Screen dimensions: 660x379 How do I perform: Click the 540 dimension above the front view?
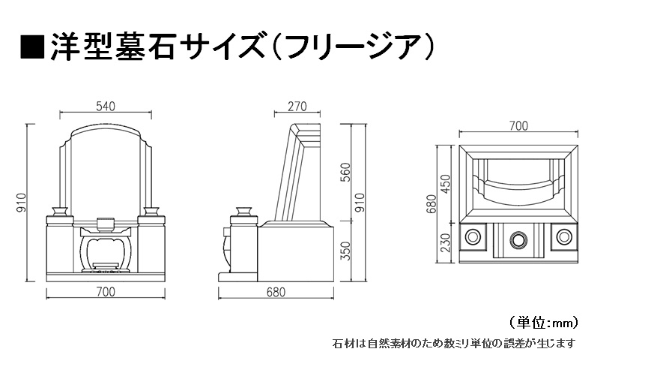(x=105, y=107)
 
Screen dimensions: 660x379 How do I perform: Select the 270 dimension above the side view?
(x=297, y=107)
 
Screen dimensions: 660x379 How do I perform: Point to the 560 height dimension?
(x=345, y=172)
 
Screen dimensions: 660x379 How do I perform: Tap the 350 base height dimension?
(x=345, y=251)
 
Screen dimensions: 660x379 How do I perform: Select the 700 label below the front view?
(x=105, y=292)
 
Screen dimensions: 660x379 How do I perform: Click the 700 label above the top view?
(x=518, y=125)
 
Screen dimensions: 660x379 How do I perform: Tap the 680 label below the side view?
(x=276, y=292)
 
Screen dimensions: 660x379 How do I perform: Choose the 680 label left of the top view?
(x=431, y=204)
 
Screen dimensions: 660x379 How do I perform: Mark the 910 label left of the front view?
(x=21, y=203)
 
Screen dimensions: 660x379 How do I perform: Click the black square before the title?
(x=32, y=47)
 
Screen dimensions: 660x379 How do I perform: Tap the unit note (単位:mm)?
(x=544, y=323)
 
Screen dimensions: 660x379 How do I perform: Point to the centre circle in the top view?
(x=518, y=239)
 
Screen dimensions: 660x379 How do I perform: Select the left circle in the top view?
(x=473, y=236)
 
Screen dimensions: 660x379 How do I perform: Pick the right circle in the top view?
(x=564, y=236)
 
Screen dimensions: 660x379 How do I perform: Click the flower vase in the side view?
(x=243, y=211)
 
